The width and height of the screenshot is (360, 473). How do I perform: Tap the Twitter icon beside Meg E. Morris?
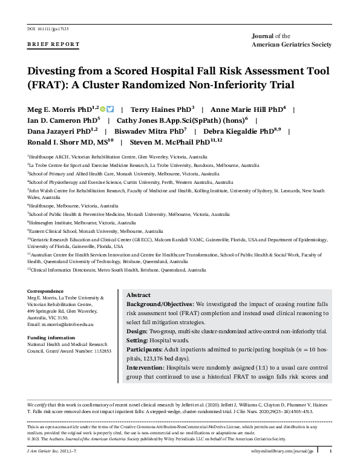coord(110,109)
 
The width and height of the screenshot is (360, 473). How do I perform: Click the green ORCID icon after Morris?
coord(103,109)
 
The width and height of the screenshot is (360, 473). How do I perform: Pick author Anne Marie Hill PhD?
coord(247,109)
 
